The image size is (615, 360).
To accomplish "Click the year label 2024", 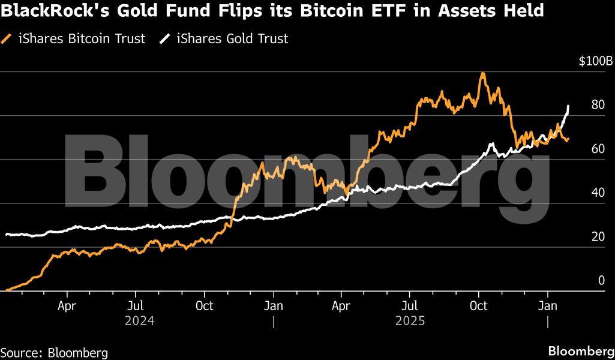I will coord(139,321).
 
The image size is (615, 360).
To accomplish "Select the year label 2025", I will coord(410,321).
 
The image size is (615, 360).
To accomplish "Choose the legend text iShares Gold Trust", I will coord(232,39).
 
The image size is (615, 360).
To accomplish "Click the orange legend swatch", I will coord(7,39).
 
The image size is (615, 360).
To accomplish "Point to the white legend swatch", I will coord(164,39).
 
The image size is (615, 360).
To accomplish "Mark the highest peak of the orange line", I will coord(482,73).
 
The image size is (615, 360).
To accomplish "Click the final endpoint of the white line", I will coord(568,106).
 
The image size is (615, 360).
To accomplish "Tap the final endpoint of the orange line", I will coord(568,139).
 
